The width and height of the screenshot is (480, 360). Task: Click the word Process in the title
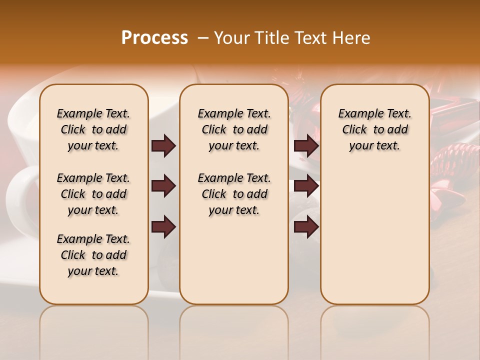pyautogui.click(x=154, y=38)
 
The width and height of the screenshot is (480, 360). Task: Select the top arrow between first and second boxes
pyautogui.click(x=163, y=146)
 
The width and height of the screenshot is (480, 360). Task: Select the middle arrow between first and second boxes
pyautogui.click(x=163, y=186)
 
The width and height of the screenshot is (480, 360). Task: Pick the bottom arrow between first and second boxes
pyautogui.click(x=163, y=227)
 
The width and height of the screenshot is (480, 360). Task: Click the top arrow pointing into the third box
pyautogui.click(x=306, y=146)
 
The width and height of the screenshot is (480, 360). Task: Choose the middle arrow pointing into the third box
pyautogui.click(x=306, y=186)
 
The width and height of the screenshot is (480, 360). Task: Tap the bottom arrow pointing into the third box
pyautogui.click(x=306, y=227)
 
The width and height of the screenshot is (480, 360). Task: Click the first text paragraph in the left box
pyautogui.click(x=93, y=129)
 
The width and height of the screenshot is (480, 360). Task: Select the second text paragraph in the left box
pyautogui.click(x=93, y=194)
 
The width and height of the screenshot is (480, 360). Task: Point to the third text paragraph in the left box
pyautogui.click(x=93, y=255)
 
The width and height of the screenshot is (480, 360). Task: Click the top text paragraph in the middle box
pyautogui.click(x=234, y=129)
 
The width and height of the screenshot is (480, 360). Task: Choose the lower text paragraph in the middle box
pyautogui.click(x=234, y=194)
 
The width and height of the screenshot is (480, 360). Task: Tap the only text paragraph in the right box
pyautogui.click(x=375, y=129)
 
